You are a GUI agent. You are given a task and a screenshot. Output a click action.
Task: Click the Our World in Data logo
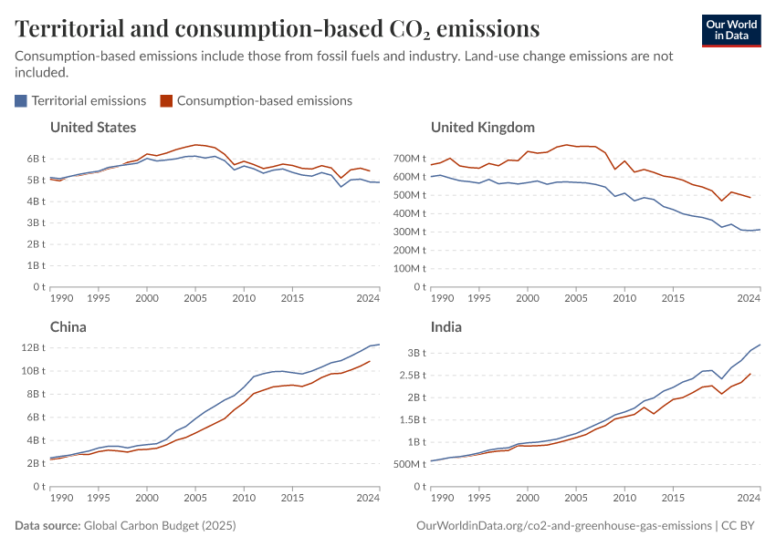730,30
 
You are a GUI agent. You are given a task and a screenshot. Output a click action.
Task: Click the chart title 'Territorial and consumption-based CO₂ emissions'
277,29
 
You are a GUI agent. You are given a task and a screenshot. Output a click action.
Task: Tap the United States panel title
93,127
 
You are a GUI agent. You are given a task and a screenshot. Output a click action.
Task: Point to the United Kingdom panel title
482,127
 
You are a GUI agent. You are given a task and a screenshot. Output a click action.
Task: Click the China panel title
68,326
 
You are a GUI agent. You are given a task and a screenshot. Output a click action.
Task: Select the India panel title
446,326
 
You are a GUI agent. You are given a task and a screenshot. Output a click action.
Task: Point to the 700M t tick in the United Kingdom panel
411,159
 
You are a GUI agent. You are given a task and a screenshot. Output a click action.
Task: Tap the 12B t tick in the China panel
33,347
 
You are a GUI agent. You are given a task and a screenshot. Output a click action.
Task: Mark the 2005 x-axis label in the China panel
195,499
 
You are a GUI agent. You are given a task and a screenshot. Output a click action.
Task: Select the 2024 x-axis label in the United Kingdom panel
749,299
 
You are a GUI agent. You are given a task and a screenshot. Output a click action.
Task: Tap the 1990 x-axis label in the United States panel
62,299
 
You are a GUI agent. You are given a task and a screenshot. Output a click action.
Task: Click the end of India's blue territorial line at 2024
760,345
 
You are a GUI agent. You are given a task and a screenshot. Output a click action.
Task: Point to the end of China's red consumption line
370,361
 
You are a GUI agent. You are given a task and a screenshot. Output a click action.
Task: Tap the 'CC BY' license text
740,526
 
